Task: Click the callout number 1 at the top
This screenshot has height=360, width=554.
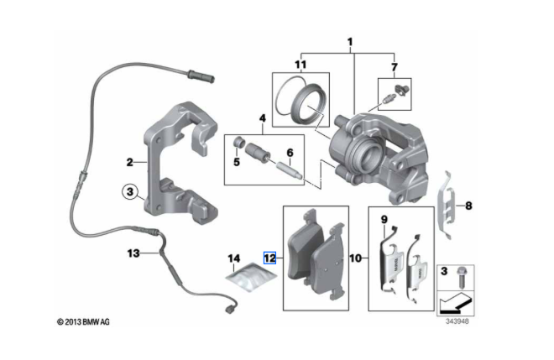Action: coord(350,40)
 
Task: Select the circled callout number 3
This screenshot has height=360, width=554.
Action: coord(129,191)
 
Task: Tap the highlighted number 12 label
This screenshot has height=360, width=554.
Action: coord(270,258)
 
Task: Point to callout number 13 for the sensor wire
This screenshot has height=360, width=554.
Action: coord(133,253)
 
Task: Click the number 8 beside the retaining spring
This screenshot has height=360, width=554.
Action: coord(469,205)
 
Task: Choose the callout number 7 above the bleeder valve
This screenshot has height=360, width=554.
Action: coord(393,65)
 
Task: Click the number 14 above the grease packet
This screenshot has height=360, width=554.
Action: coord(234,258)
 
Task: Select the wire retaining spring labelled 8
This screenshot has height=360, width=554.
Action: coord(449,201)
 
